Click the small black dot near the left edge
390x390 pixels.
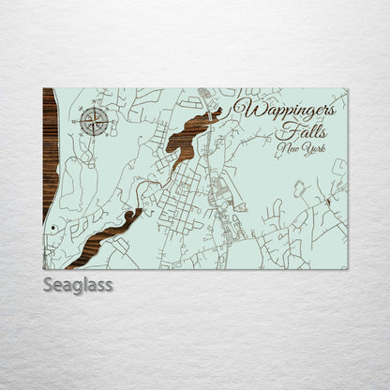(54, 228)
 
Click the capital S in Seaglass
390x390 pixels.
(48, 285)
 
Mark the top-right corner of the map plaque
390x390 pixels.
(347, 89)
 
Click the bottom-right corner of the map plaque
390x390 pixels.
(347, 269)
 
